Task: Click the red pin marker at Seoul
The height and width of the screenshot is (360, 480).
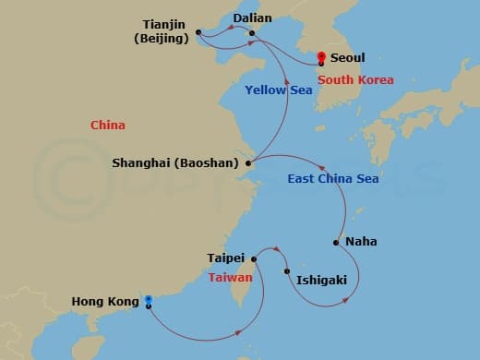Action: click(x=320, y=57)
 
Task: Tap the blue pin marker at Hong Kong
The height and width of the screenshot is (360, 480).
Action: click(x=149, y=300)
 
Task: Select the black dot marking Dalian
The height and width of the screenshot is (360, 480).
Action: click(x=252, y=33)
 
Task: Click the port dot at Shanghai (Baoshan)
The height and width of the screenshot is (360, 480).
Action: click(x=247, y=163)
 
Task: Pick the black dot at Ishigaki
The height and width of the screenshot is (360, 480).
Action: click(x=287, y=271)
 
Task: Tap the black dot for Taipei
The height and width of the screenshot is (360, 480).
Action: click(x=254, y=259)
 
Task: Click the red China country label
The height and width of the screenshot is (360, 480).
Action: click(x=108, y=125)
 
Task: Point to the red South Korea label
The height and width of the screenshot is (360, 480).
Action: click(x=356, y=80)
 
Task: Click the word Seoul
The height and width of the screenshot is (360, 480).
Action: click(x=347, y=57)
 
